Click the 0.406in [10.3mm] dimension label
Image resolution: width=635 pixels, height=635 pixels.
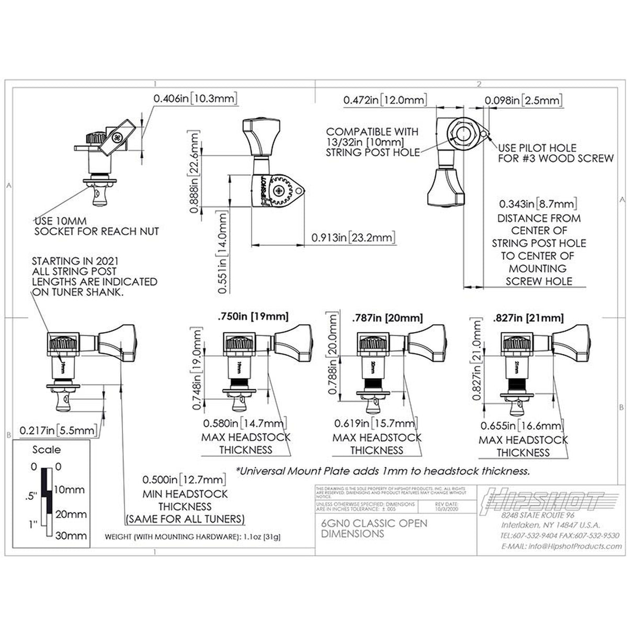(195, 98)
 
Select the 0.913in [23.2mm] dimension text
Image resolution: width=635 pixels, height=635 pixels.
(353, 237)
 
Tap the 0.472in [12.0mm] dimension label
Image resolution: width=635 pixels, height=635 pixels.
(385, 99)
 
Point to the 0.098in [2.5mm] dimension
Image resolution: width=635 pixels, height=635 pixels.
(523, 100)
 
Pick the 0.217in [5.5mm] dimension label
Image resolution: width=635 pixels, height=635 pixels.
(59, 430)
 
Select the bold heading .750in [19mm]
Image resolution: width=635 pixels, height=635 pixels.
(253, 316)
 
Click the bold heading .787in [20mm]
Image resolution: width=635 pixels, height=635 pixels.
(387, 318)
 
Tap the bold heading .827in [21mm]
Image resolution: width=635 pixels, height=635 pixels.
(528, 318)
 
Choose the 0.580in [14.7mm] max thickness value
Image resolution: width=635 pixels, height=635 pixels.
(244, 423)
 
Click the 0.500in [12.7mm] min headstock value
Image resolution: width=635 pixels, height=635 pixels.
(184, 480)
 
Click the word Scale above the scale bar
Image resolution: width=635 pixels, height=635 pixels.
(47, 450)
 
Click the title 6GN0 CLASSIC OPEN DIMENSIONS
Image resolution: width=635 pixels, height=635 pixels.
(374, 528)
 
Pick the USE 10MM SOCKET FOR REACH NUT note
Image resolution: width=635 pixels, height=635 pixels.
(96, 226)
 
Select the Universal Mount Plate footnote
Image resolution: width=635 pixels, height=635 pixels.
(383, 471)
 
